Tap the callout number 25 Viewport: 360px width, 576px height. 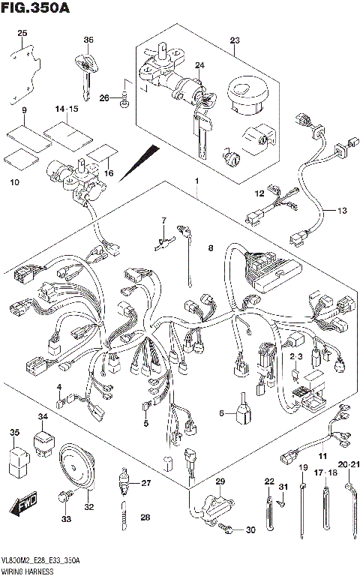coord(22,33)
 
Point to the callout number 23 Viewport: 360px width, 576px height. coord(234,40)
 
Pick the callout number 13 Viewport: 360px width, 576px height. coord(341,211)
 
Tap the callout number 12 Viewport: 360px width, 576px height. coord(259,194)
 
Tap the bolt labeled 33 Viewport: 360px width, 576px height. coord(66,496)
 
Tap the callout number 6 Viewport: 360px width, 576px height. coord(222,412)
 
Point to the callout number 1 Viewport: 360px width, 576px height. coord(196,181)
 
